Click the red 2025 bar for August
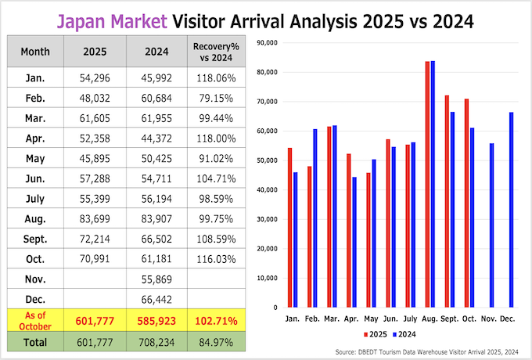tap(427, 184)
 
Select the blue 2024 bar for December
tap(511, 210)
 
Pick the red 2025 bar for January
tap(289, 227)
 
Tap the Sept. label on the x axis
tap(449, 319)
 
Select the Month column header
tap(36, 52)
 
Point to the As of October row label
tap(36, 319)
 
